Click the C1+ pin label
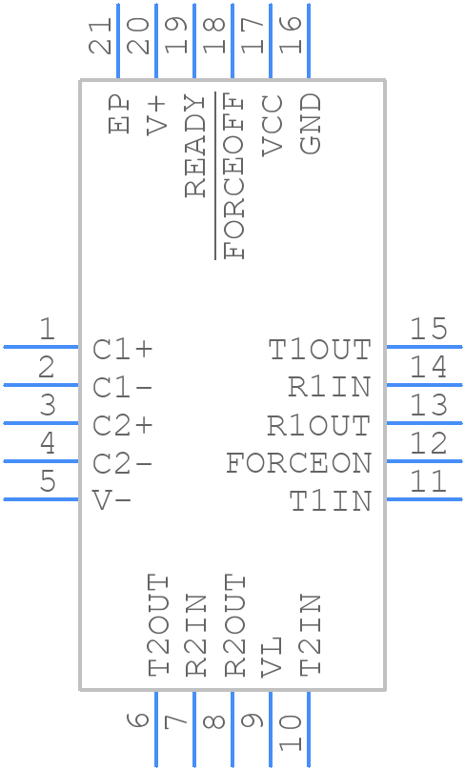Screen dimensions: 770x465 tap(123, 350)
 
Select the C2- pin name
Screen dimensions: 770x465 tap(123, 464)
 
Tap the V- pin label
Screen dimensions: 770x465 tap(112, 501)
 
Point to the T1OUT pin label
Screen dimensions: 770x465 tap(319, 350)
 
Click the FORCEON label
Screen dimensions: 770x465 tap(298, 464)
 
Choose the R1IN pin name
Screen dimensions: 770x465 tap(329, 388)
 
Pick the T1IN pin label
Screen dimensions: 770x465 tap(330, 501)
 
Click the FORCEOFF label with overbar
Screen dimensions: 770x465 tap(233, 176)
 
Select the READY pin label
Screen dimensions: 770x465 tap(195, 146)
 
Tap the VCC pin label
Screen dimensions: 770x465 tap(272, 125)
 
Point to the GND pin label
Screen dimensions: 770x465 tap(310, 125)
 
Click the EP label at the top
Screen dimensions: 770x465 tap(119, 113)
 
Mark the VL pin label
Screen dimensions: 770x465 tap(272, 657)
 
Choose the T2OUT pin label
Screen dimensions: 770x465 tap(158, 625)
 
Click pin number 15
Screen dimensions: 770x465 tap(429, 330)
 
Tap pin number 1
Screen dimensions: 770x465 tap(46, 330)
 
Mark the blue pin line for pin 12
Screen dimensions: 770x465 tap(423, 460)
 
